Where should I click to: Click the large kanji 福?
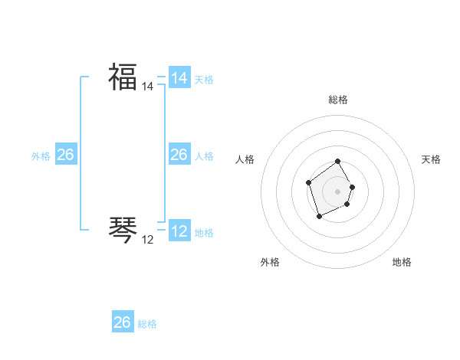(x=123, y=77)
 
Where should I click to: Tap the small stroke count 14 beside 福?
(x=148, y=87)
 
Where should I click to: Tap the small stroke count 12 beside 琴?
(x=148, y=240)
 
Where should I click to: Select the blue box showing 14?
(x=179, y=78)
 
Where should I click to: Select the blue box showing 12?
(x=179, y=231)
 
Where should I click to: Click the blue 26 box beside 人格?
(x=179, y=155)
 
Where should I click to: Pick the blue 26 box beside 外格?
(x=65, y=155)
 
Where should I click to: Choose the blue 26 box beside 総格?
(x=123, y=322)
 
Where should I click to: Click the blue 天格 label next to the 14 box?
(x=204, y=80)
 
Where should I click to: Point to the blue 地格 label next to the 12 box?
(x=204, y=233)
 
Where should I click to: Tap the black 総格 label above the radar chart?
(x=338, y=100)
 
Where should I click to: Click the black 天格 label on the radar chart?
(x=431, y=159)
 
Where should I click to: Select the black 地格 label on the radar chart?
(x=402, y=262)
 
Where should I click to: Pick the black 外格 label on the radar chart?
(x=270, y=262)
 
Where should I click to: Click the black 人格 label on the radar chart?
(x=245, y=159)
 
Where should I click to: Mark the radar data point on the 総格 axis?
(x=338, y=162)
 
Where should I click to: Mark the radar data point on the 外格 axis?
(x=320, y=217)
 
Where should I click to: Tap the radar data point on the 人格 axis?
(x=308, y=182)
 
